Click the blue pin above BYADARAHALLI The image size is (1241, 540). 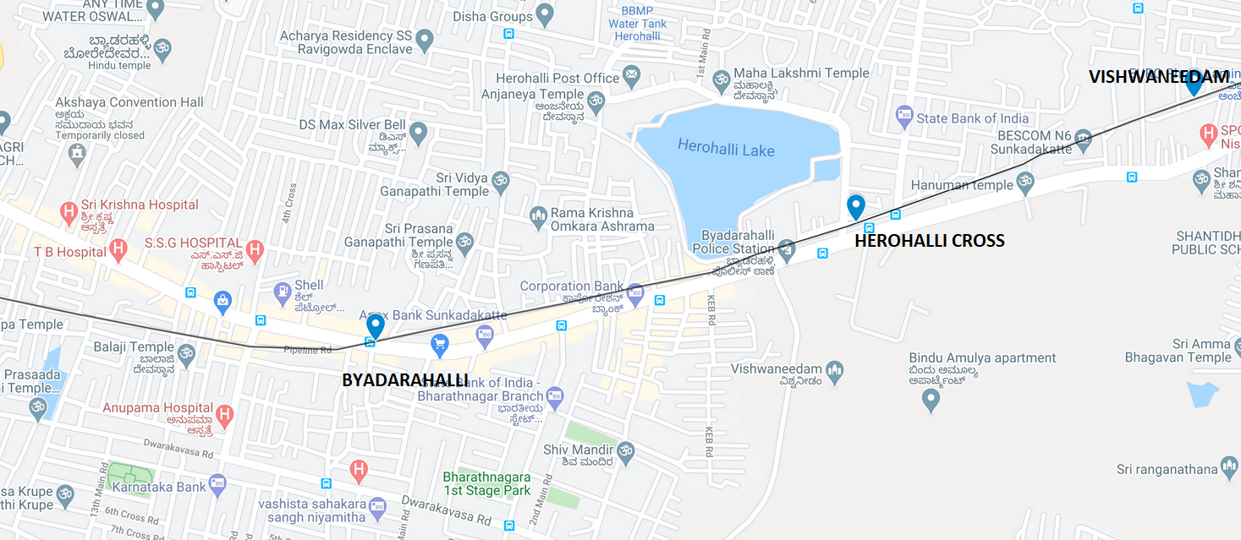(375, 326)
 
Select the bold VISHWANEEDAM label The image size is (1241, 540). (1158, 77)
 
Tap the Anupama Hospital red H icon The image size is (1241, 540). (224, 415)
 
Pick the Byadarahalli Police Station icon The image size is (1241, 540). (787, 248)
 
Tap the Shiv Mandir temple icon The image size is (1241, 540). (625, 450)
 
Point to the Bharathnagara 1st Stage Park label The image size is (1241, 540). (486, 483)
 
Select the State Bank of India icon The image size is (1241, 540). (904, 115)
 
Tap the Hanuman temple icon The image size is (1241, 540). (1025, 182)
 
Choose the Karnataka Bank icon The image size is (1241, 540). (217, 483)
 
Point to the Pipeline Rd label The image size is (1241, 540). (307, 348)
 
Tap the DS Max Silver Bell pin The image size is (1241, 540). (418, 132)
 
